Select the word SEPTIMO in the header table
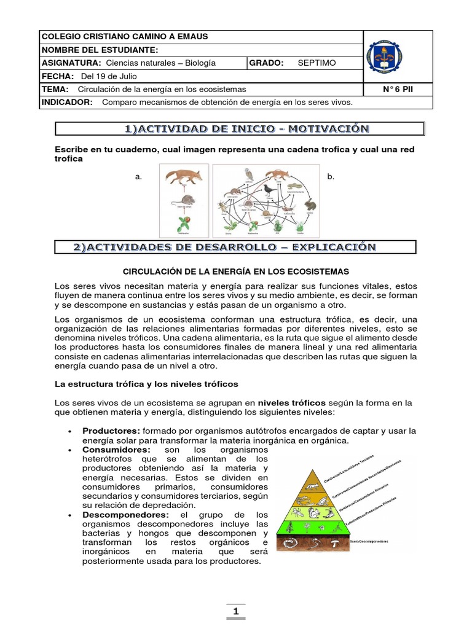317,63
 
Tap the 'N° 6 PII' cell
398,89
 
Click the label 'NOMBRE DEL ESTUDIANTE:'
100,50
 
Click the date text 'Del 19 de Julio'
109,76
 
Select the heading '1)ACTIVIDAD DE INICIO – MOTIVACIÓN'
239,129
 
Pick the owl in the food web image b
249,174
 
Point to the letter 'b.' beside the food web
331,177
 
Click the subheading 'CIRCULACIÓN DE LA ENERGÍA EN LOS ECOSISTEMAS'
236,271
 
